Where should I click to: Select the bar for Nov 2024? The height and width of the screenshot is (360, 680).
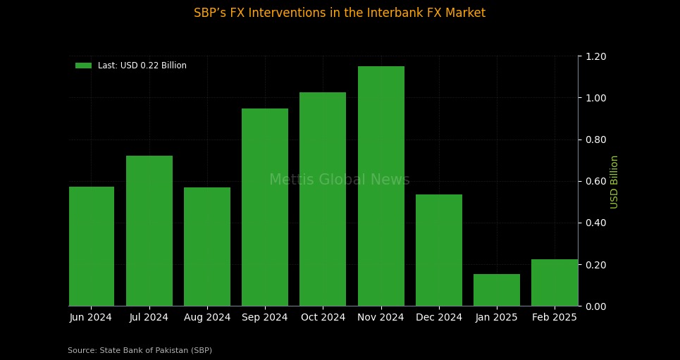381,186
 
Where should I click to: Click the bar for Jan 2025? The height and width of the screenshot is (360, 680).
497,290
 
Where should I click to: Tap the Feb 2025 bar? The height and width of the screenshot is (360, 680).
555,283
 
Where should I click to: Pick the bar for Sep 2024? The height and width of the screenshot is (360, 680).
265,207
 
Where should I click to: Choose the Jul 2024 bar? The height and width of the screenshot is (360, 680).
149,230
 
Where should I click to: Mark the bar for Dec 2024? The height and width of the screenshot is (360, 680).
439,250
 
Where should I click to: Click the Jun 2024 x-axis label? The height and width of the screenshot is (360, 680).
91,318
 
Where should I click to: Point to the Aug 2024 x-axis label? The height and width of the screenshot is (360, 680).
207,318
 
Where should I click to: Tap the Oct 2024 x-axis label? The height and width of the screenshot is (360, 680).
323,318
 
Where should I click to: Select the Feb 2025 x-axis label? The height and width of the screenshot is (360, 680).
555,318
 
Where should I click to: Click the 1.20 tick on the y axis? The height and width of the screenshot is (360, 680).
596,56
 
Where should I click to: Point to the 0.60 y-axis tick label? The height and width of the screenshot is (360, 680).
596,181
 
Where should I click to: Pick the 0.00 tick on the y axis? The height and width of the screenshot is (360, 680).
596,306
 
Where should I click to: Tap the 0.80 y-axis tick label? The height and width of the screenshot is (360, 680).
596,139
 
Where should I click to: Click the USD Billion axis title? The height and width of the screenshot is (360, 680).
614,182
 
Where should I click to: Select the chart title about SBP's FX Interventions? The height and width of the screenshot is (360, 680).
340,13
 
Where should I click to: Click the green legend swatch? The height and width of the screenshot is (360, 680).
84,66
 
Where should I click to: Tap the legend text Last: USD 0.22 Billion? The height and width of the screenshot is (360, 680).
142,66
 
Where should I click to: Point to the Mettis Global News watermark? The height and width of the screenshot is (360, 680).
340,180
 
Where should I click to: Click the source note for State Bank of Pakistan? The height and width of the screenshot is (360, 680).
140,350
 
